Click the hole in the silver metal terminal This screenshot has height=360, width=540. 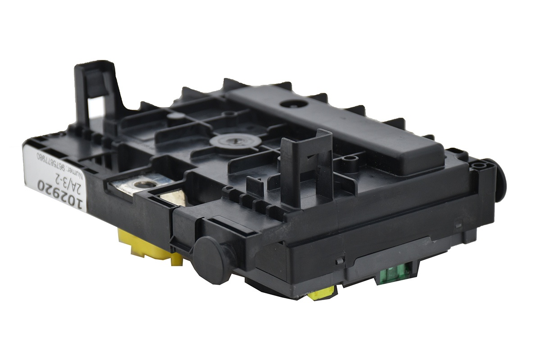point(142,186)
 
